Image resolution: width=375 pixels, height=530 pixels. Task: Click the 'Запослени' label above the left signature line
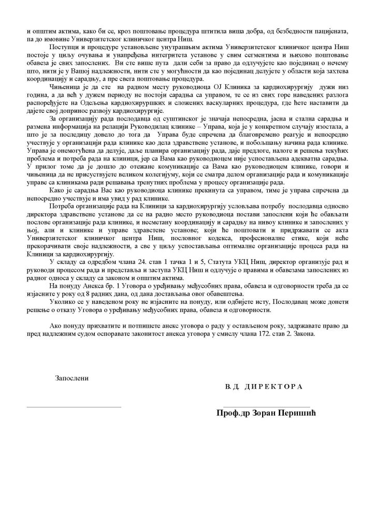click(x=72, y=377)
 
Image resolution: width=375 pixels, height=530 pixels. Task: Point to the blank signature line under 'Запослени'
click(x=74, y=407)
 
